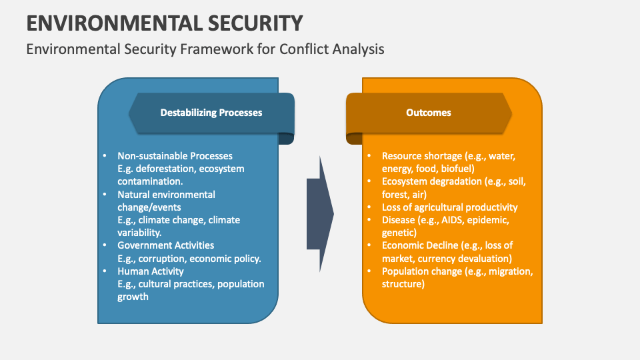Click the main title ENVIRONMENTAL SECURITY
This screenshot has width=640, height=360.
click(165, 23)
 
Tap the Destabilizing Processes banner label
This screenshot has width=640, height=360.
click(211, 113)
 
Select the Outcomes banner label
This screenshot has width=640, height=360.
click(429, 113)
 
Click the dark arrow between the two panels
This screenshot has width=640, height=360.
click(320, 213)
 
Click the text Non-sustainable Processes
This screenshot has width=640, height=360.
click(175, 156)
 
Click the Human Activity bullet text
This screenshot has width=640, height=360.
click(151, 271)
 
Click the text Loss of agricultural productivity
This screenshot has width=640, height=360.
click(449, 207)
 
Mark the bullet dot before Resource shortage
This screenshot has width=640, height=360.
click(369, 156)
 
